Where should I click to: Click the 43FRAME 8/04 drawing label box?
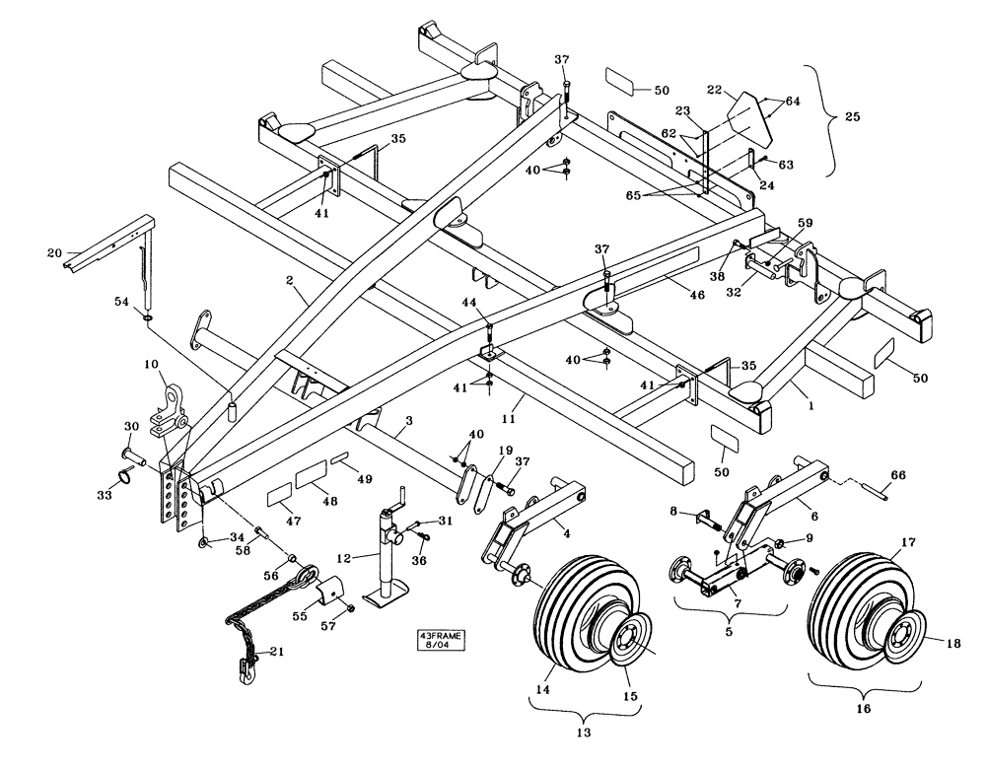click(440, 642)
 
